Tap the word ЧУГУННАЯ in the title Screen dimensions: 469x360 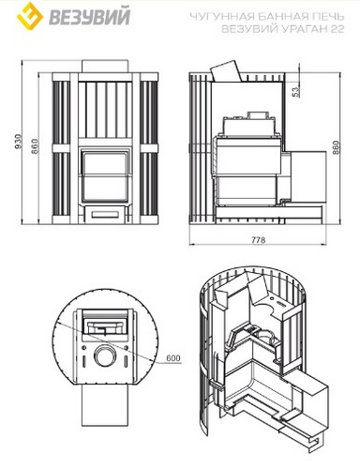tap(217, 16)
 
